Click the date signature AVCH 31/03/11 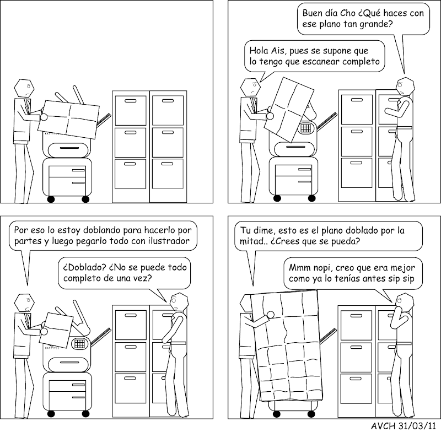404,426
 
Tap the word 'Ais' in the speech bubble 278,51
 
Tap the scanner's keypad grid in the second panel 306,128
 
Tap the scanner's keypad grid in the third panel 79,343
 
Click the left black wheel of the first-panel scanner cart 51,199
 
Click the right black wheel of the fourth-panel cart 311,414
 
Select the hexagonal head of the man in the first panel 24,89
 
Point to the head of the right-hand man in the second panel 405,87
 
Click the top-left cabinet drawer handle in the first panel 130,101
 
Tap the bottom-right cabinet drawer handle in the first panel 167,164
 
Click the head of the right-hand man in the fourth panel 405,302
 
